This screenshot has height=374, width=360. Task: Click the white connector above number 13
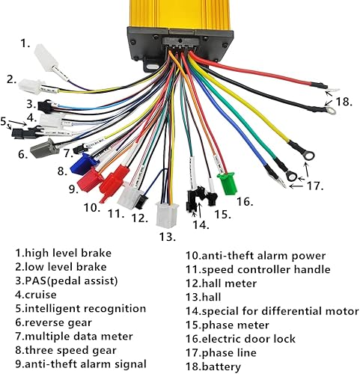click(x=164, y=215)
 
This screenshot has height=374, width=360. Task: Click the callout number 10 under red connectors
click(x=91, y=207)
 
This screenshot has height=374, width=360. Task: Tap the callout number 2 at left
click(x=11, y=79)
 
